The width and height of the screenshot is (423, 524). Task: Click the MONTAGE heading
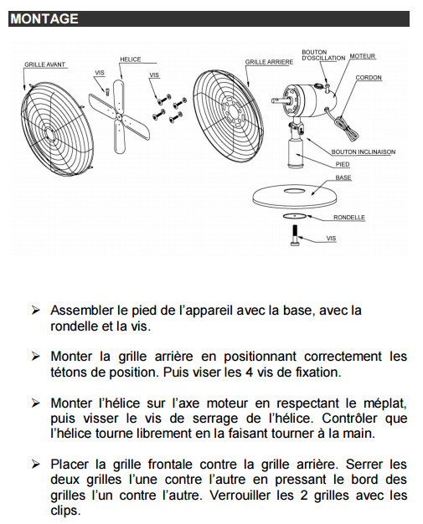pos(44,18)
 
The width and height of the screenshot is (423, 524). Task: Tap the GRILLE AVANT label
pos(44,64)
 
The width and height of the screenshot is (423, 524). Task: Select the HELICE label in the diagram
pos(131,59)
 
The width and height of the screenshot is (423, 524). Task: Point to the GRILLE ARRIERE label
pos(269,62)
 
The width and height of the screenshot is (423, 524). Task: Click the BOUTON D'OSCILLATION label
pos(323,55)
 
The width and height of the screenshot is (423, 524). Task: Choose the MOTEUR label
pos(363,56)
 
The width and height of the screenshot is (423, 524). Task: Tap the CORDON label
pos(369,78)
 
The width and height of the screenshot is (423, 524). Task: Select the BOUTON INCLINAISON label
pos(364,152)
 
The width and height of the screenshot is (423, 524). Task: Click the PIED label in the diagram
pos(343,164)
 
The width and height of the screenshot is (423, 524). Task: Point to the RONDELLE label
pos(348,218)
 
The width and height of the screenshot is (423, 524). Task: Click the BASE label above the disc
pos(343,177)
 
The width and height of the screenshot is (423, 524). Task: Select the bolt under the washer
pos(295,235)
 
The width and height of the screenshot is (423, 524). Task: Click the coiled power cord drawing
pos(345,126)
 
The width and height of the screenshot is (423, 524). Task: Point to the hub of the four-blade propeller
pos(119,116)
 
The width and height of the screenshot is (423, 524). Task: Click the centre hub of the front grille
pos(49,134)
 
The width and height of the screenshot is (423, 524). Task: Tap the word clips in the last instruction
pos(65,511)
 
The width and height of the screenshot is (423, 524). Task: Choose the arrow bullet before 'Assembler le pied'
pos(35,311)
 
